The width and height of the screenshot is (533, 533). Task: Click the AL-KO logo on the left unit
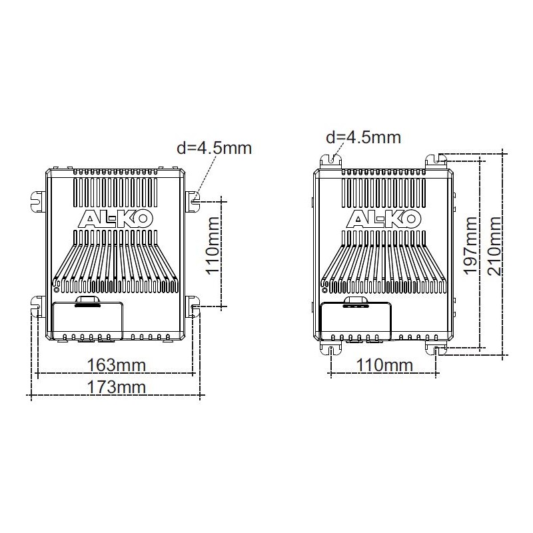click(113, 219)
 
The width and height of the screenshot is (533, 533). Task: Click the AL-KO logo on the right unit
click(383, 219)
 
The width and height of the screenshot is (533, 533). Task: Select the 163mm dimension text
click(117, 365)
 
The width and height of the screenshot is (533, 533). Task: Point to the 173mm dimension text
click(117, 387)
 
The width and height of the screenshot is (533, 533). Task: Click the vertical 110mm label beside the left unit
click(213, 253)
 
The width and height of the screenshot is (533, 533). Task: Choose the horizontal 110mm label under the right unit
click(383, 365)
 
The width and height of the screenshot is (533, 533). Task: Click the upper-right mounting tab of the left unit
click(191, 199)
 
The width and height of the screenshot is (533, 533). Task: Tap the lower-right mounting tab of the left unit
click(191, 306)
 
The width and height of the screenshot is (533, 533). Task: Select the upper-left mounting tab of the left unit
click(37, 199)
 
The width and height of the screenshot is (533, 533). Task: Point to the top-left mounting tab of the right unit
click(331, 160)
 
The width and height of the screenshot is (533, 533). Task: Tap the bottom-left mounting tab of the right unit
click(331, 349)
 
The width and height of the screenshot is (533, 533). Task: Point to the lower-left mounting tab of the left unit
click(37, 306)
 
